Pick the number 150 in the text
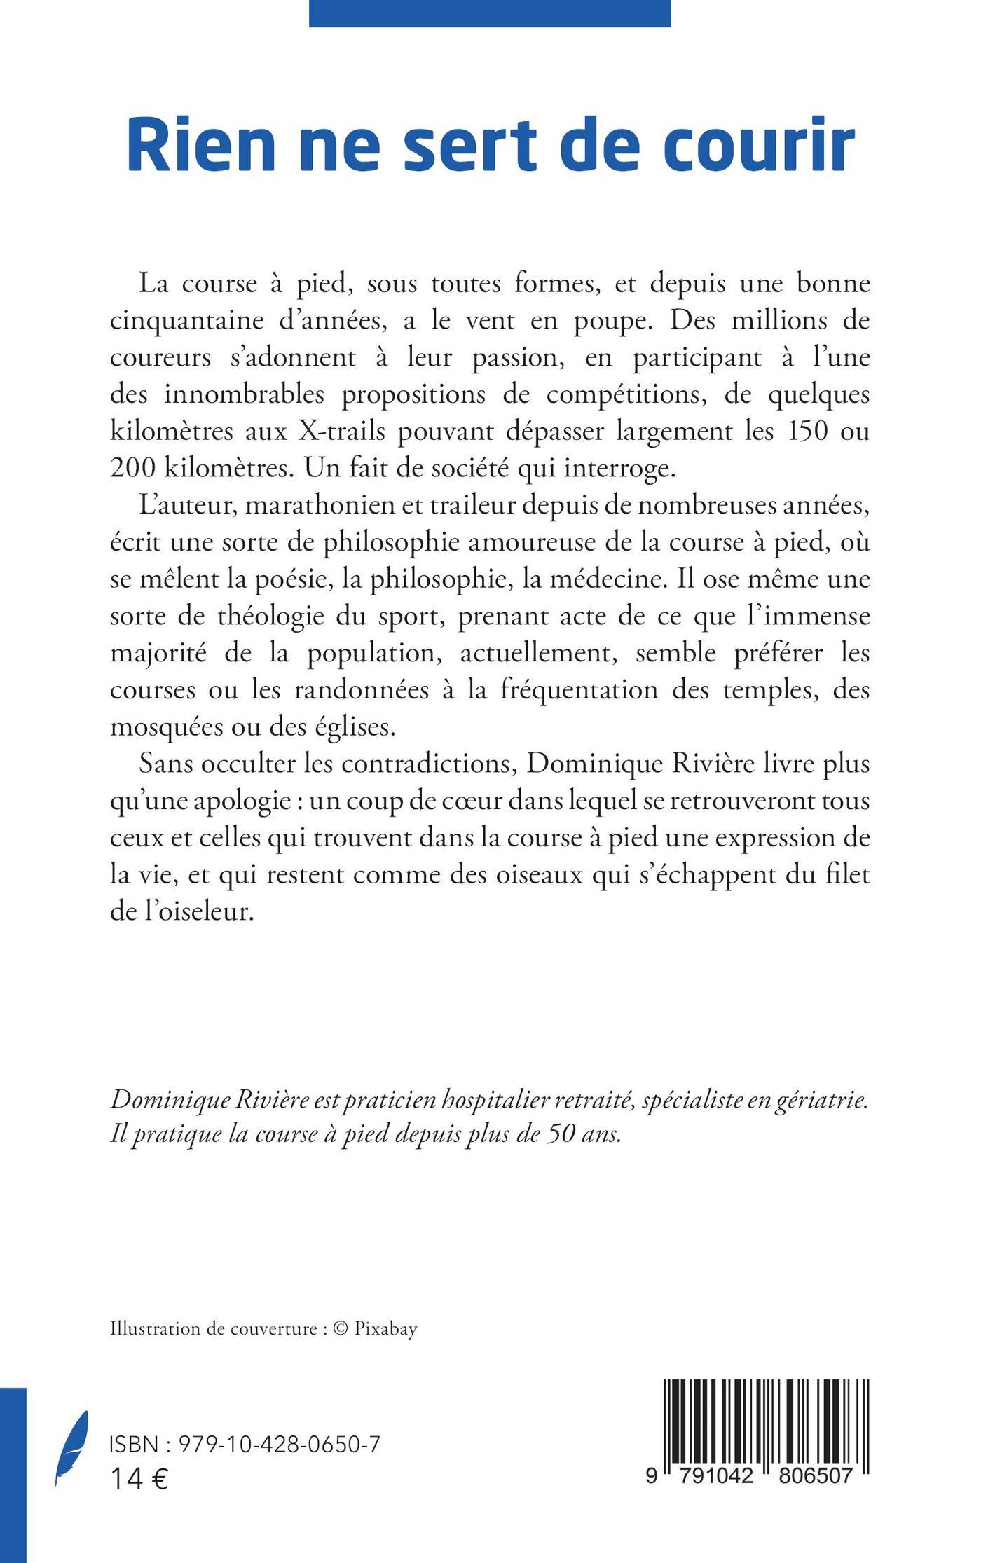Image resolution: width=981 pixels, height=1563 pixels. [x=799, y=430]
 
